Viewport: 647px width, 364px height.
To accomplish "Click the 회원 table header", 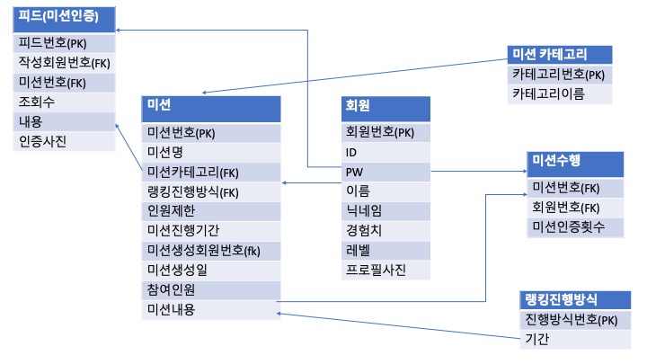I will point(385,106).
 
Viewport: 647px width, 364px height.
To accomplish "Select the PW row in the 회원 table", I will point(385,171).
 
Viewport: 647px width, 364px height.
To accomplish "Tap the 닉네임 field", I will point(385,210).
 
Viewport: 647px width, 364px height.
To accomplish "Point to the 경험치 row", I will point(385,230).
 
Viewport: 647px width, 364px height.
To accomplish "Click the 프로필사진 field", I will point(385,270).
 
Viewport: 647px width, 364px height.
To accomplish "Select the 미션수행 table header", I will point(575,162).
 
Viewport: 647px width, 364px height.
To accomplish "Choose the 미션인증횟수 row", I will point(575,227).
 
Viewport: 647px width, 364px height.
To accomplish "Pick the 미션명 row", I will point(211,151).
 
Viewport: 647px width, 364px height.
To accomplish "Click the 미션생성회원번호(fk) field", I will point(211,250).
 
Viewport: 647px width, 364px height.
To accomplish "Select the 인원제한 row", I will point(211,210).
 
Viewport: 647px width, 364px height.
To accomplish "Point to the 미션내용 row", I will point(211,309).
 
